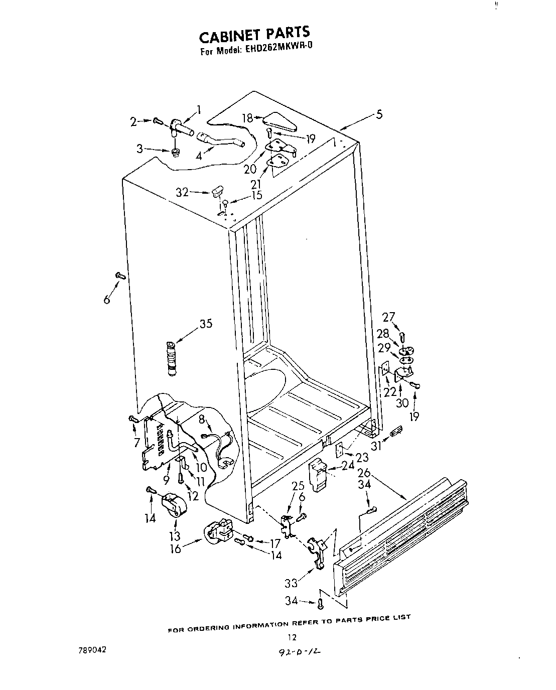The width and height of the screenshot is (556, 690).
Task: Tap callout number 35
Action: coord(205,324)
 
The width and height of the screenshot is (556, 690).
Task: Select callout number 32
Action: coord(182,192)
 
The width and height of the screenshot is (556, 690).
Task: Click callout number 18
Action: coord(247,118)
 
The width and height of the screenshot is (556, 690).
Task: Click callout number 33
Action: coord(291,583)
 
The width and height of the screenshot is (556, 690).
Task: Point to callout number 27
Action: coord(389,317)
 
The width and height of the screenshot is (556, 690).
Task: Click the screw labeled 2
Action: coord(158,120)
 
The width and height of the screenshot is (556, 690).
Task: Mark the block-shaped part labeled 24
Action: coord(318,474)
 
